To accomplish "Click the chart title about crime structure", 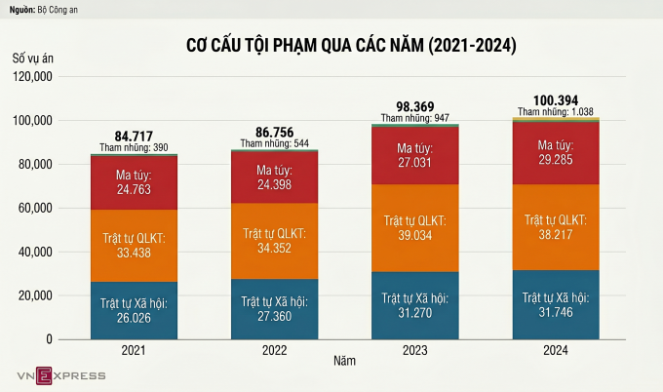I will (x=351, y=46).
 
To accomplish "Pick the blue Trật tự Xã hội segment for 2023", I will (x=415, y=305).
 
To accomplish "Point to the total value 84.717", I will (x=134, y=135).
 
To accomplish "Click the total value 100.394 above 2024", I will (x=555, y=99).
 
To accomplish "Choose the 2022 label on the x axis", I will (x=274, y=350).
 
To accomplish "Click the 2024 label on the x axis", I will (x=555, y=350).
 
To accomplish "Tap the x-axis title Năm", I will (x=343, y=362).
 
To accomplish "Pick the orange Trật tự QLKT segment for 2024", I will (x=555, y=227).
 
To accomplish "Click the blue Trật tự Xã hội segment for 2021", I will (x=134, y=310).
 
